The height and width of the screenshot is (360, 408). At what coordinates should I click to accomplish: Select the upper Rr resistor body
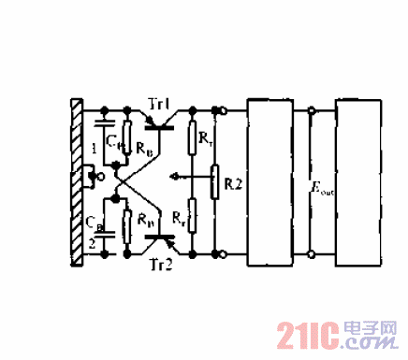[191, 138]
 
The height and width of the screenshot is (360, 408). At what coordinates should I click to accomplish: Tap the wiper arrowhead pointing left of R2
[178, 174]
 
